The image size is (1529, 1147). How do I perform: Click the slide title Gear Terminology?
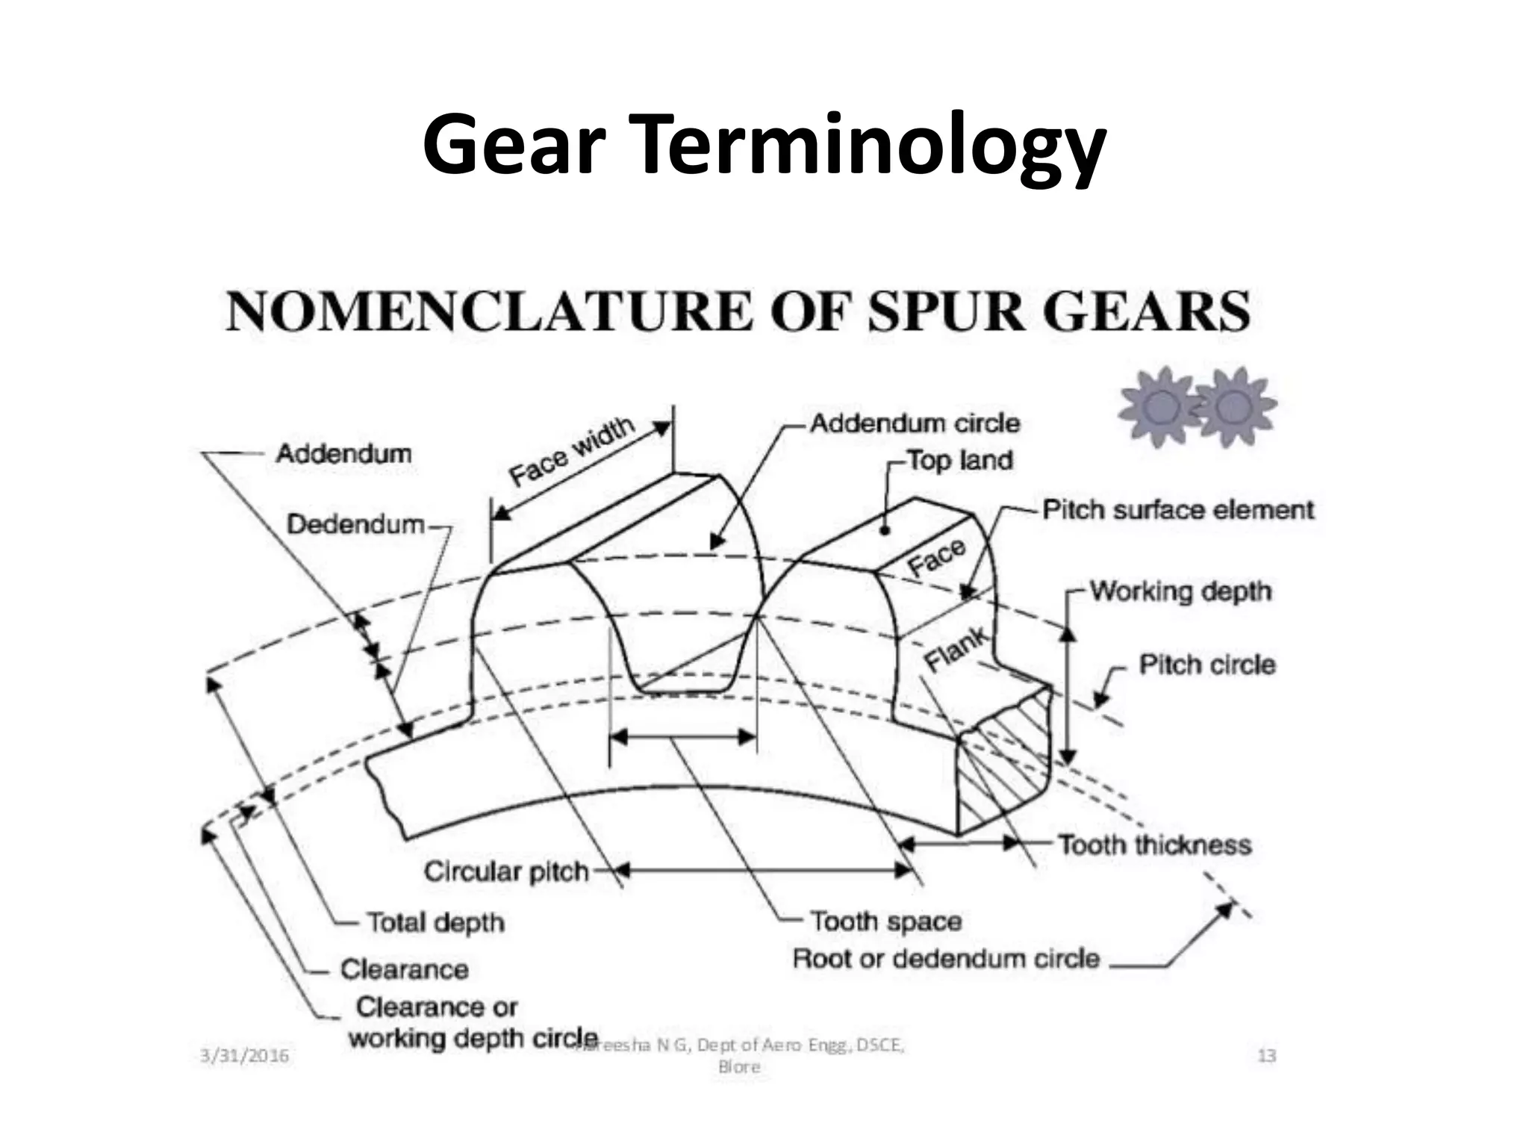763,145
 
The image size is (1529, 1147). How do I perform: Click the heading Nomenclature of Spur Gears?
738,311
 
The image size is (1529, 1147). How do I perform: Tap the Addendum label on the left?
343,453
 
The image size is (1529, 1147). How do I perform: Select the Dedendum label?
355,524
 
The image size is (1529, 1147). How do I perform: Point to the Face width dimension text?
571,451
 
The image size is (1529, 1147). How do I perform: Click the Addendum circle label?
915,423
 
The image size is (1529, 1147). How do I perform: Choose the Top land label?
959,460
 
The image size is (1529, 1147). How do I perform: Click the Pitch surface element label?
1177,510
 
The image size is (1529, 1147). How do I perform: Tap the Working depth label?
1180,591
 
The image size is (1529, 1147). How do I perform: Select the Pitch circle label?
1206,665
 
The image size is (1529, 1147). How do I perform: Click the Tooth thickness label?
1154,845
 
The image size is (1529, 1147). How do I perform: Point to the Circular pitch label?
506,871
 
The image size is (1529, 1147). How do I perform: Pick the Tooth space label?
885,921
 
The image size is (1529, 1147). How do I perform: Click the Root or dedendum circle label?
946,958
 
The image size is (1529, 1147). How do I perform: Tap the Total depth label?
435,922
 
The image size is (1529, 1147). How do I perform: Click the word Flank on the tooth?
956,650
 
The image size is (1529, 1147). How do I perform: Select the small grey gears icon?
1196,406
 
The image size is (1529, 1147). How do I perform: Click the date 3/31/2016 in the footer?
245,1056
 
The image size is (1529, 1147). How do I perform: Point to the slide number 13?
1267,1056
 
